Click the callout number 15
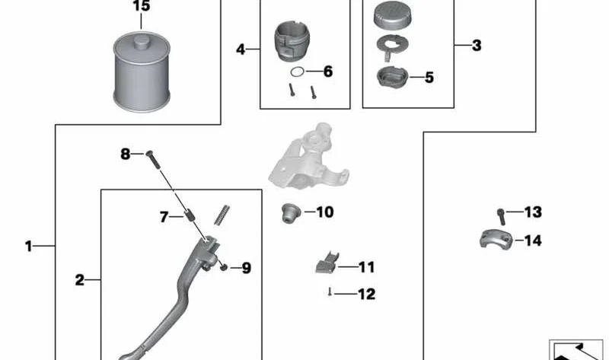click(x=141, y=6)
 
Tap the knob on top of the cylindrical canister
click(x=142, y=42)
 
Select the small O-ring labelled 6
click(x=298, y=72)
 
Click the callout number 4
click(x=241, y=49)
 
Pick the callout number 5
click(x=429, y=78)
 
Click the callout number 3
click(x=477, y=46)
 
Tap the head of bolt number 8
click(x=149, y=154)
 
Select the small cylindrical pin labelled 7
click(x=190, y=215)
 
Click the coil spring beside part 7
click(x=222, y=215)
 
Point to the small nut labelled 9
click(x=224, y=267)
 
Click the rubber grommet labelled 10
click(x=291, y=213)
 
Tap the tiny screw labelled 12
click(x=330, y=292)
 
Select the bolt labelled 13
click(x=501, y=217)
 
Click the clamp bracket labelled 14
click(x=496, y=239)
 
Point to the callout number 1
click(x=28, y=246)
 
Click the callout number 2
click(x=80, y=280)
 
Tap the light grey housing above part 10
click(x=308, y=157)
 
